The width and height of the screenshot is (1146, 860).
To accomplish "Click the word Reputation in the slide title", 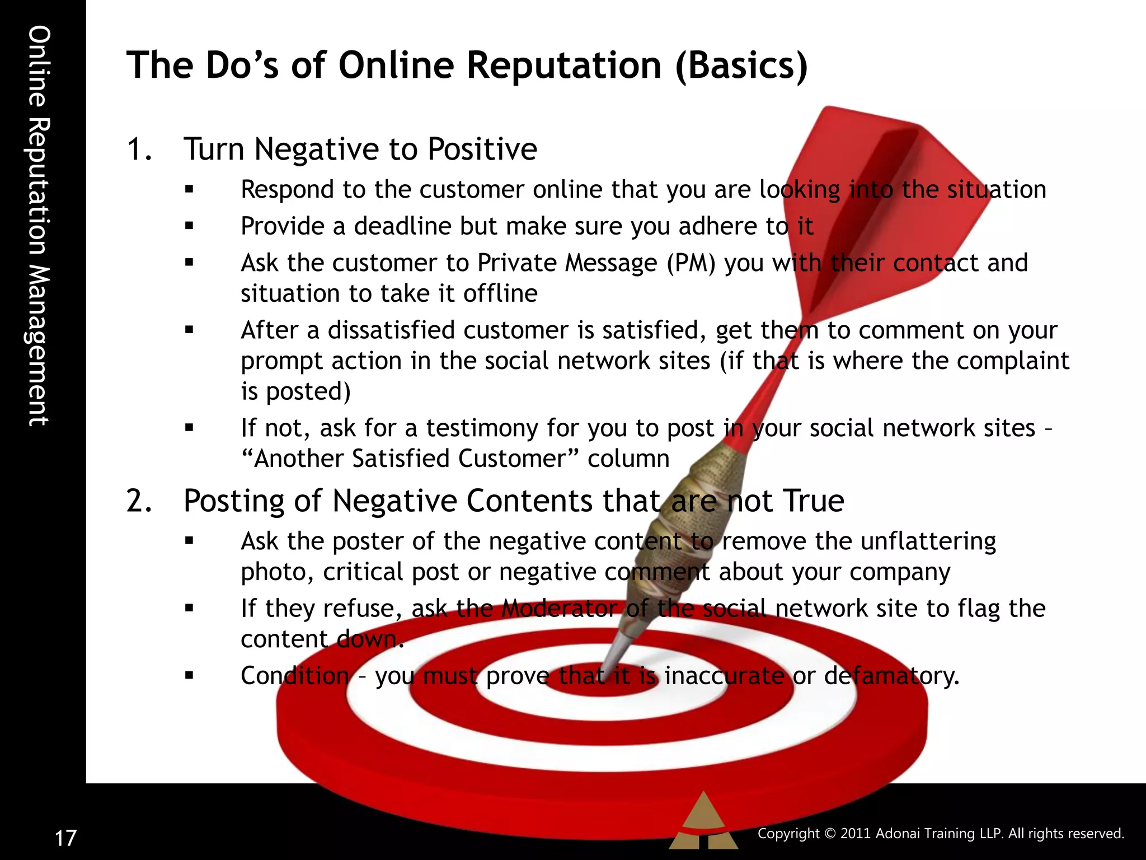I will [x=564, y=65].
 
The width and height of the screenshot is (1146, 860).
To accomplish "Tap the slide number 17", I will [x=65, y=838].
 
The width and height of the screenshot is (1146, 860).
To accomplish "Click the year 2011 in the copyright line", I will [x=856, y=833].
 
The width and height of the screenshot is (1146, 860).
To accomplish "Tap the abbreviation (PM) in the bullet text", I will [x=691, y=263].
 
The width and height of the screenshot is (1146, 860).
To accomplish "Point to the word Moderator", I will [x=559, y=608].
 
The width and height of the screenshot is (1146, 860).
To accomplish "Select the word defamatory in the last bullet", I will [x=892, y=675].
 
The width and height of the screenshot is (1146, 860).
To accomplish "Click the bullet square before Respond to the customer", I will [x=189, y=190].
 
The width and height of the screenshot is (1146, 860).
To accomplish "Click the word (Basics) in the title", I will [x=741, y=65].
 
